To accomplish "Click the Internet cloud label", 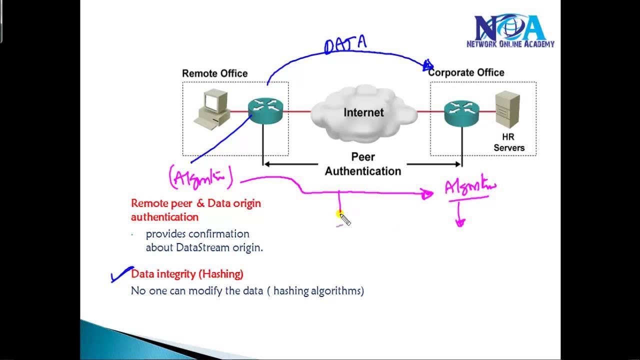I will [363, 112].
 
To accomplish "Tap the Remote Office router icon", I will [265, 110].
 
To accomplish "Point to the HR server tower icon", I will [507, 110].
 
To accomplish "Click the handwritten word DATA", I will [345, 44].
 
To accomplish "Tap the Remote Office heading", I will [214, 73].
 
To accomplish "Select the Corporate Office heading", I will [466, 72].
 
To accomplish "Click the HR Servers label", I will [509, 142].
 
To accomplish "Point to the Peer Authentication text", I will [363, 164].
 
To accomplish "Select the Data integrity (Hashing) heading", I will [187, 274].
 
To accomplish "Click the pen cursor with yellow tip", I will [344, 218].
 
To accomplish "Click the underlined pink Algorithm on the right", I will [470, 187].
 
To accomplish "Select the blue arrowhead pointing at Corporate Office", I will [428, 65].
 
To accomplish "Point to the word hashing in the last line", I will [291, 290].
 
